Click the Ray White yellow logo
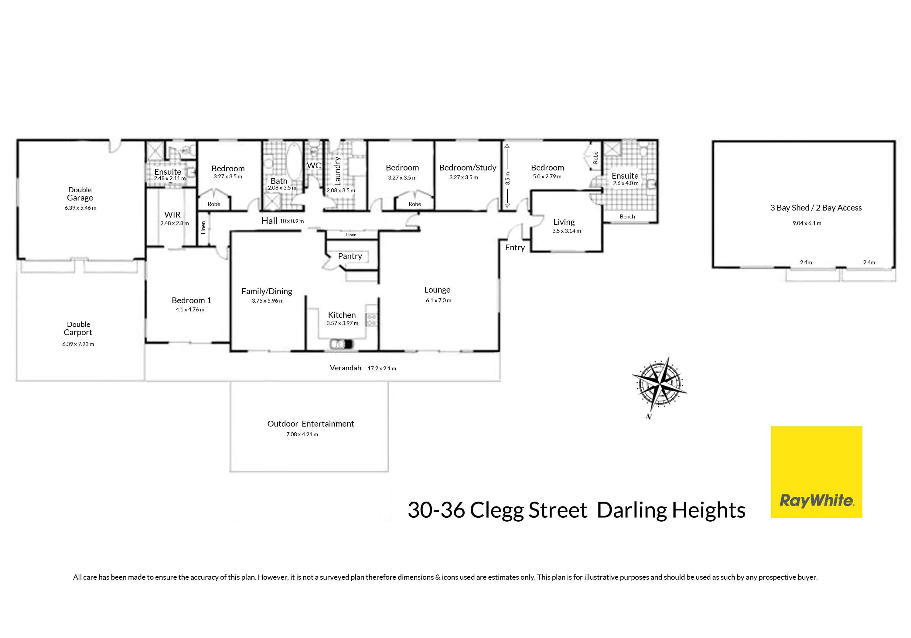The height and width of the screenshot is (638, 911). pyautogui.click(x=816, y=472)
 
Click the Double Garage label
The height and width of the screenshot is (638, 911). pyautogui.click(x=80, y=194)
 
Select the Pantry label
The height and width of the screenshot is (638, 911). pyautogui.click(x=350, y=256)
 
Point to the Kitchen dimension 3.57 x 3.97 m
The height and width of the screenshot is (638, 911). pyautogui.click(x=343, y=323)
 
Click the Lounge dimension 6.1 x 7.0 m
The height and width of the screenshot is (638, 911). pyautogui.click(x=438, y=300)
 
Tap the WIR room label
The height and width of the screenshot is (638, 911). pyautogui.click(x=172, y=215)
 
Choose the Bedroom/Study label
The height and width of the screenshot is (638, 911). pyautogui.click(x=468, y=167)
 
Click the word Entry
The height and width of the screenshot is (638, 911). pyautogui.click(x=515, y=248)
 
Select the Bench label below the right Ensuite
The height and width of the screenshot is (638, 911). pyautogui.click(x=627, y=216)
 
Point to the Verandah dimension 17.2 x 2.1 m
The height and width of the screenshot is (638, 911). pyautogui.click(x=382, y=369)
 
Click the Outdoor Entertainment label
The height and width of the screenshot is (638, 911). pyautogui.click(x=311, y=424)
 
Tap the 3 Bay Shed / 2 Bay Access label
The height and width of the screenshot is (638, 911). pyautogui.click(x=816, y=208)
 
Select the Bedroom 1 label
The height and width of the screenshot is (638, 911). pyautogui.click(x=191, y=300)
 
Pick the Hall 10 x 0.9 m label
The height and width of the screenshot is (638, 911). pyautogui.click(x=282, y=221)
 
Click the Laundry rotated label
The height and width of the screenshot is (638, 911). pyautogui.click(x=338, y=171)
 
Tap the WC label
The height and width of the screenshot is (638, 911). pyautogui.click(x=314, y=165)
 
